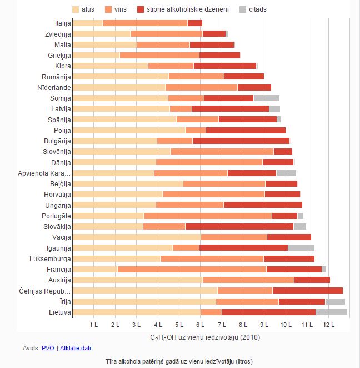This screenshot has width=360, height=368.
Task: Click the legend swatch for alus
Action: pyautogui.click(x=77, y=9)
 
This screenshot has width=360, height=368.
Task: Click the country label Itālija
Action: pyautogui.click(x=59, y=23)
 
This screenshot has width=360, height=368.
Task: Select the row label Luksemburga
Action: pyautogui.click(x=51, y=258)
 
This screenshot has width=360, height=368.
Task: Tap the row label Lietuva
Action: pyautogui.click(x=59, y=312)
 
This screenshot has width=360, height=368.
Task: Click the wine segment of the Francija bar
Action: pyautogui.click(x=192, y=269)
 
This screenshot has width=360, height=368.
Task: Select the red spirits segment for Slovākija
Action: pyautogui.click(x=239, y=226)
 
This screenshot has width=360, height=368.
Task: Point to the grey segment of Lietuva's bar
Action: pyautogui.click(x=331, y=312)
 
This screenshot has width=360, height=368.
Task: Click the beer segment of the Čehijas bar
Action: pyautogui.click(x=145, y=290)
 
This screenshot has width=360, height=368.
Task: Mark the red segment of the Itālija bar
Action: pyautogui.click(x=194, y=23)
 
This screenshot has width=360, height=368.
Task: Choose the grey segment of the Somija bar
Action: pyautogui.click(x=266, y=98)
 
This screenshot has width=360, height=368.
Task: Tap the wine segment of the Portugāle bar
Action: pyautogui.click(x=207, y=216)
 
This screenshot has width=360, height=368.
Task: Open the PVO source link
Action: pyautogui.click(x=48, y=348)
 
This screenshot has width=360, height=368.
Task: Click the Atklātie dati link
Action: pyautogui.click(x=75, y=348)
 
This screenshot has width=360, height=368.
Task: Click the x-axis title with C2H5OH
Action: pyautogui.click(x=205, y=337)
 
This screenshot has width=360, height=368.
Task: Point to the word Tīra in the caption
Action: pyautogui.click(x=112, y=361)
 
